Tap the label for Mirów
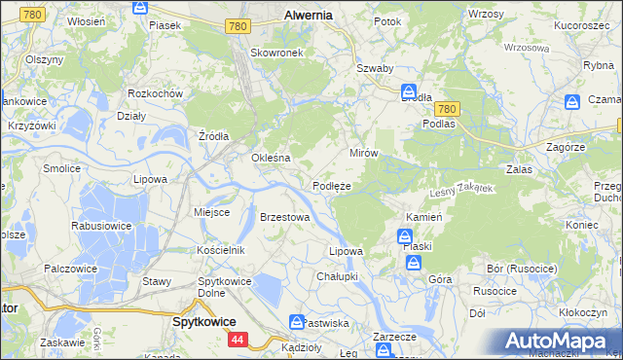363,154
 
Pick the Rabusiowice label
101,226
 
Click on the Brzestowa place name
284,217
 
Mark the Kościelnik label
220,250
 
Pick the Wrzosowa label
527,47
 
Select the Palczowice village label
67,268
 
